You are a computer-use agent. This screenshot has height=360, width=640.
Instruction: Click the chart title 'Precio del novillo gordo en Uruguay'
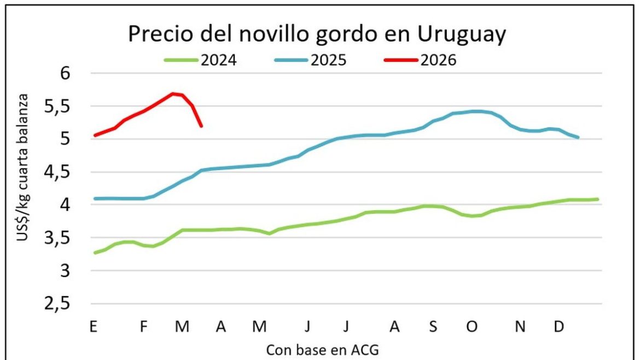coord(317,34)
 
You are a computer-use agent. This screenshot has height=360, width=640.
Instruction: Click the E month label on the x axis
coord(94,327)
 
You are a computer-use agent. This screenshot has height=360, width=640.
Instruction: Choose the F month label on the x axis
coord(144,327)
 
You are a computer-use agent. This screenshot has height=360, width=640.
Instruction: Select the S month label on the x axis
coord(433,327)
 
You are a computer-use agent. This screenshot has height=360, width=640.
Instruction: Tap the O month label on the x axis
coord(472,327)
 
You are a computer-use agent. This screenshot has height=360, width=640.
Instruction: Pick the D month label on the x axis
coord(558,327)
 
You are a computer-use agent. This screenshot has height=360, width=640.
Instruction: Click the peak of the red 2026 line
coord(173,94)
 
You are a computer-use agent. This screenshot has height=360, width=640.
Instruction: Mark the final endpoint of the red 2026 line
coord(201,126)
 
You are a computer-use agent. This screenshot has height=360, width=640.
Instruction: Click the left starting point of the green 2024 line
coord(95,253)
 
